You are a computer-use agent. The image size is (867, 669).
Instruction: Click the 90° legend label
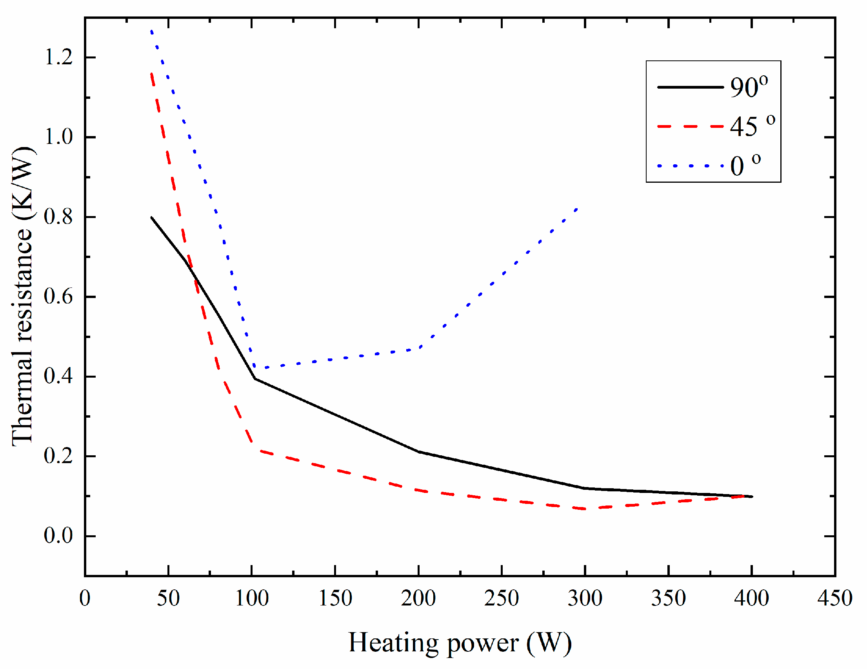[749, 87]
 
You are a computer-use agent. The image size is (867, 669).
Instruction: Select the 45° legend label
[752, 127]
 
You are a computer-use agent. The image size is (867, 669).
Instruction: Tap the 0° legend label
[745, 165]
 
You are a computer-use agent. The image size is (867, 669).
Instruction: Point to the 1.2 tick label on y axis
[58, 57]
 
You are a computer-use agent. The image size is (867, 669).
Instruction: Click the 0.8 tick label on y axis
[58, 217]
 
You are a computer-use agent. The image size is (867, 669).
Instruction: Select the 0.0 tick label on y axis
[58, 536]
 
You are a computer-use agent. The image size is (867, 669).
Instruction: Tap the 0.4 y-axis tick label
[58, 376]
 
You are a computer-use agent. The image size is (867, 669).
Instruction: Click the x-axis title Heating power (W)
[460, 643]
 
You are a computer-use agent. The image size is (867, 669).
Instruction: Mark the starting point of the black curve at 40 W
[152, 218]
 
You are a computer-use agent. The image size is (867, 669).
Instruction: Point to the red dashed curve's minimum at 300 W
[585, 509]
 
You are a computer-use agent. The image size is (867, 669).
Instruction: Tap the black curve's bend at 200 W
[418, 451]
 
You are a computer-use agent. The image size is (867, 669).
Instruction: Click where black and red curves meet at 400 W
[751, 496]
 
